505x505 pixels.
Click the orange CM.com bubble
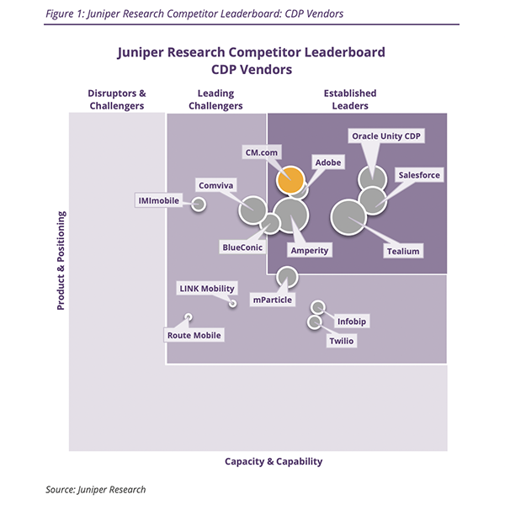(x=290, y=180)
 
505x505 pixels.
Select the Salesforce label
(x=418, y=175)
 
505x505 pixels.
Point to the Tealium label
(x=402, y=251)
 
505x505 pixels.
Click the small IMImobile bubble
(x=199, y=204)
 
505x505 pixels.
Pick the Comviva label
(x=215, y=184)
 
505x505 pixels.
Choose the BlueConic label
(x=242, y=247)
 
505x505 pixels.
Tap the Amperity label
(x=309, y=251)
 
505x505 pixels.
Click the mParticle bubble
(x=287, y=276)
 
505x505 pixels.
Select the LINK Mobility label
(x=206, y=288)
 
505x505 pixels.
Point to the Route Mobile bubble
(x=189, y=317)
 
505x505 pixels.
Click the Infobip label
(x=352, y=322)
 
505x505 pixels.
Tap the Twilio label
(x=341, y=341)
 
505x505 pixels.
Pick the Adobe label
(x=327, y=161)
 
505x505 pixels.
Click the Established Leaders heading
(x=349, y=99)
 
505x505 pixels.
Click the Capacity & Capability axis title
(x=274, y=461)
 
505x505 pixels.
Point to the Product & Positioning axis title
(x=61, y=261)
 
